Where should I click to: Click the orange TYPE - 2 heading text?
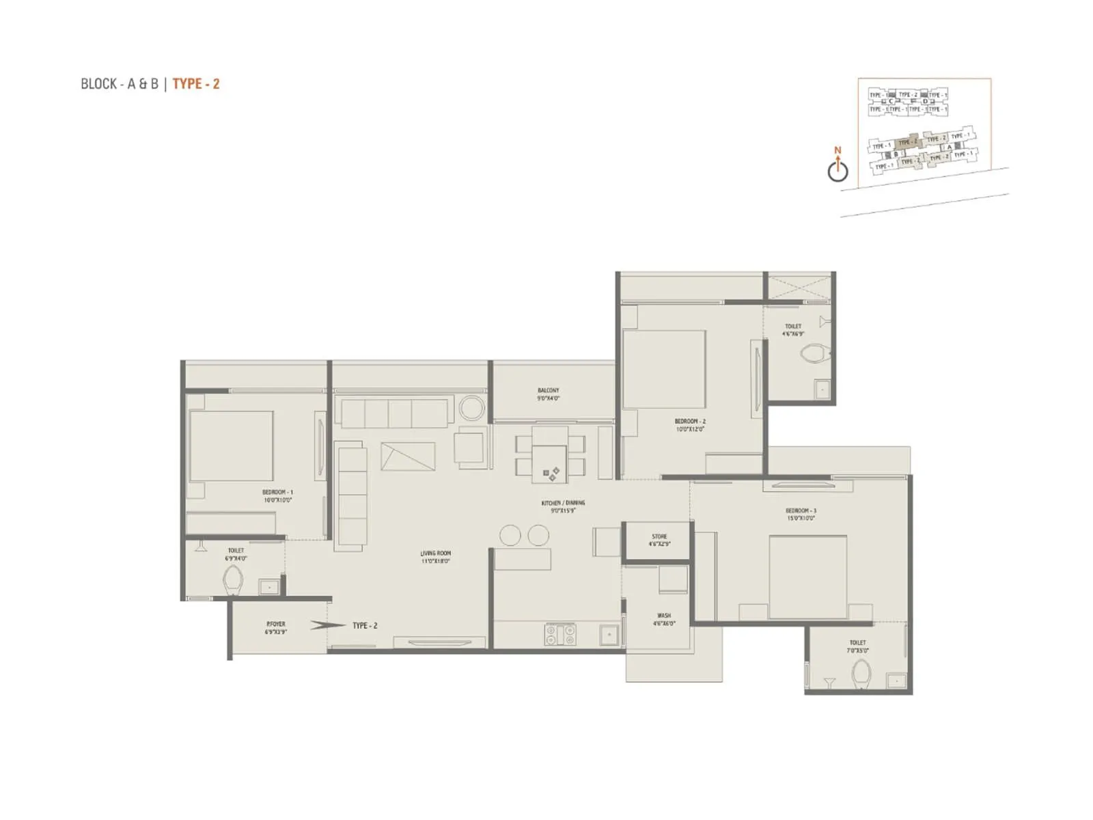click(x=196, y=84)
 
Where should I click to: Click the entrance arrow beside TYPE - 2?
click(x=318, y=625)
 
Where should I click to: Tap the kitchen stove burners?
click(x=560, y=635)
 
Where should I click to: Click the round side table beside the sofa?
click(x=471, y=409)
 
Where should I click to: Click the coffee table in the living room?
click(x=408, y=456)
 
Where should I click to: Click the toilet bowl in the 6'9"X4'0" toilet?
click(x=232, y=581)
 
